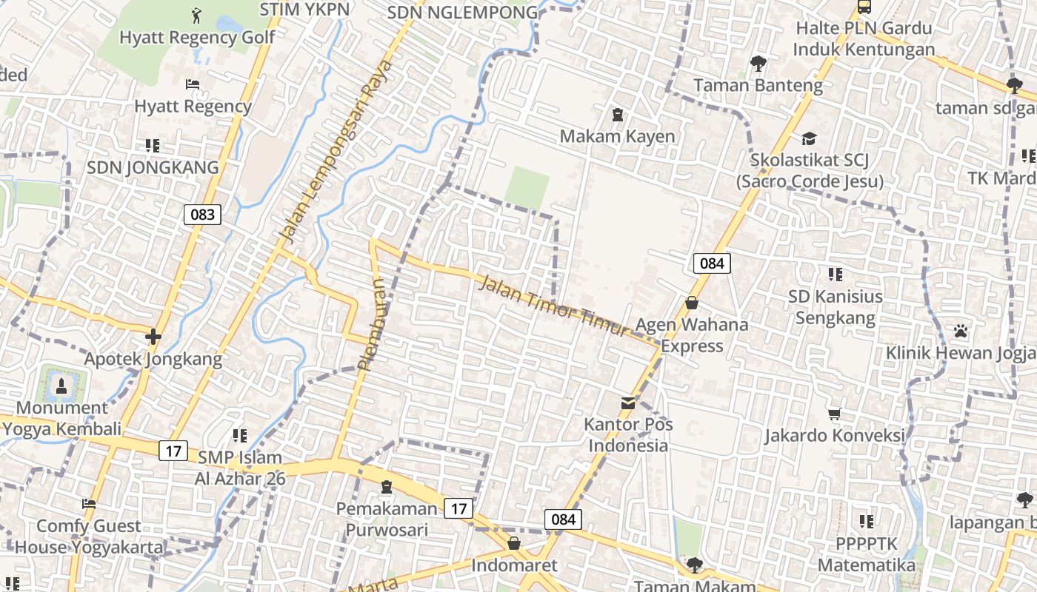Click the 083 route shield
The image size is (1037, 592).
tap(202, 215)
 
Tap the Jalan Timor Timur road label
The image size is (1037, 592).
tap(553, 306)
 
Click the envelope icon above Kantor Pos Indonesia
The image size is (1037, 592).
tap(628, 403)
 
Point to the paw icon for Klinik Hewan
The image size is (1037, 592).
tap(961, 330)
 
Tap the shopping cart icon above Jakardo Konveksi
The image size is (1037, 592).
tap(835, 414)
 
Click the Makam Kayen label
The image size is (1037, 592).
tap(617, 136)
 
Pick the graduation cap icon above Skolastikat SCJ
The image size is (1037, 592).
tap(809, 138)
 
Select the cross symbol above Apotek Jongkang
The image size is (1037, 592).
tap(153, 337)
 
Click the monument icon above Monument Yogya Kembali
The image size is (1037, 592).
tap(61, 385)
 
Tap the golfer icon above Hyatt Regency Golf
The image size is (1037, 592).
tap(196, 16)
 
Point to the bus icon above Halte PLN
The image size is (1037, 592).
tap(864, 7)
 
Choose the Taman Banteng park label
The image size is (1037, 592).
tap(758, 85)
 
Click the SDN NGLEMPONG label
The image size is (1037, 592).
tap(463, 13)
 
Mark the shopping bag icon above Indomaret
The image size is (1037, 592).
tap(514, 544)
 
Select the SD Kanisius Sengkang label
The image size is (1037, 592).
tap(835, 307)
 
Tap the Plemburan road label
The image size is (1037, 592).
tap(372, 324)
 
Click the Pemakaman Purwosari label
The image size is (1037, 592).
tap(387, 519)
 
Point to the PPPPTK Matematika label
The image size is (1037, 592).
tap(866, 554)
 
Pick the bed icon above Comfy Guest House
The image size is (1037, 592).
tap(89, 504)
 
